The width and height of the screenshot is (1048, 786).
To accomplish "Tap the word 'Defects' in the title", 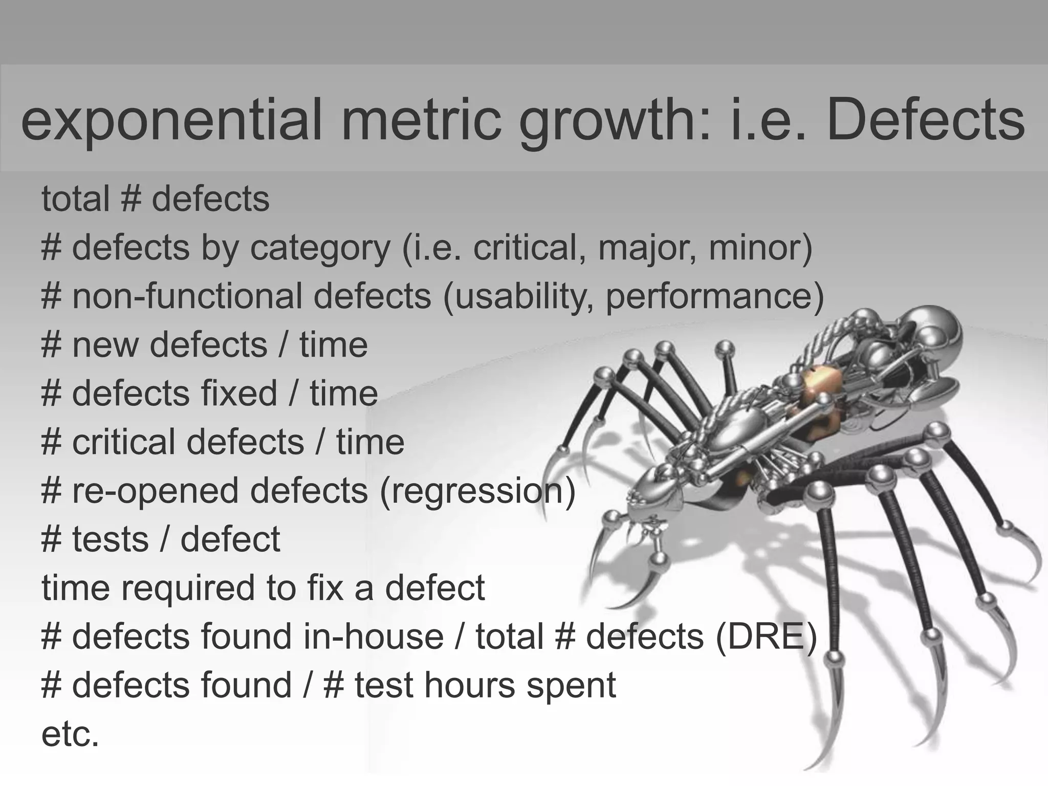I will pyautogui.click(x=926, y=121).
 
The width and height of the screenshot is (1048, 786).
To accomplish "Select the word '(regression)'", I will pyautogui.click(x=477, y=491).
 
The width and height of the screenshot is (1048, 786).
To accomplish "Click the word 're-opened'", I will pyautogui.click(x=156, y=491).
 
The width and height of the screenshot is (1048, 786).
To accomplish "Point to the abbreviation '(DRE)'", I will pyautogui.click(x=766, y=637).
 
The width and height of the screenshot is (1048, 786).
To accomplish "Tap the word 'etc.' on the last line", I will pyautogui.click(x=70, y=734).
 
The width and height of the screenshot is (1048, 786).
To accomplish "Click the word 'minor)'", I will pyautogui.click(x=760, y=248).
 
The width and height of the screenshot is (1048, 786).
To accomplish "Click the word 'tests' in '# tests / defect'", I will pyautogui.click(x=110, y=540).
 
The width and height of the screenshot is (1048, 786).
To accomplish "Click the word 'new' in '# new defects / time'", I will pyautogui.click(x=105, y=345).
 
